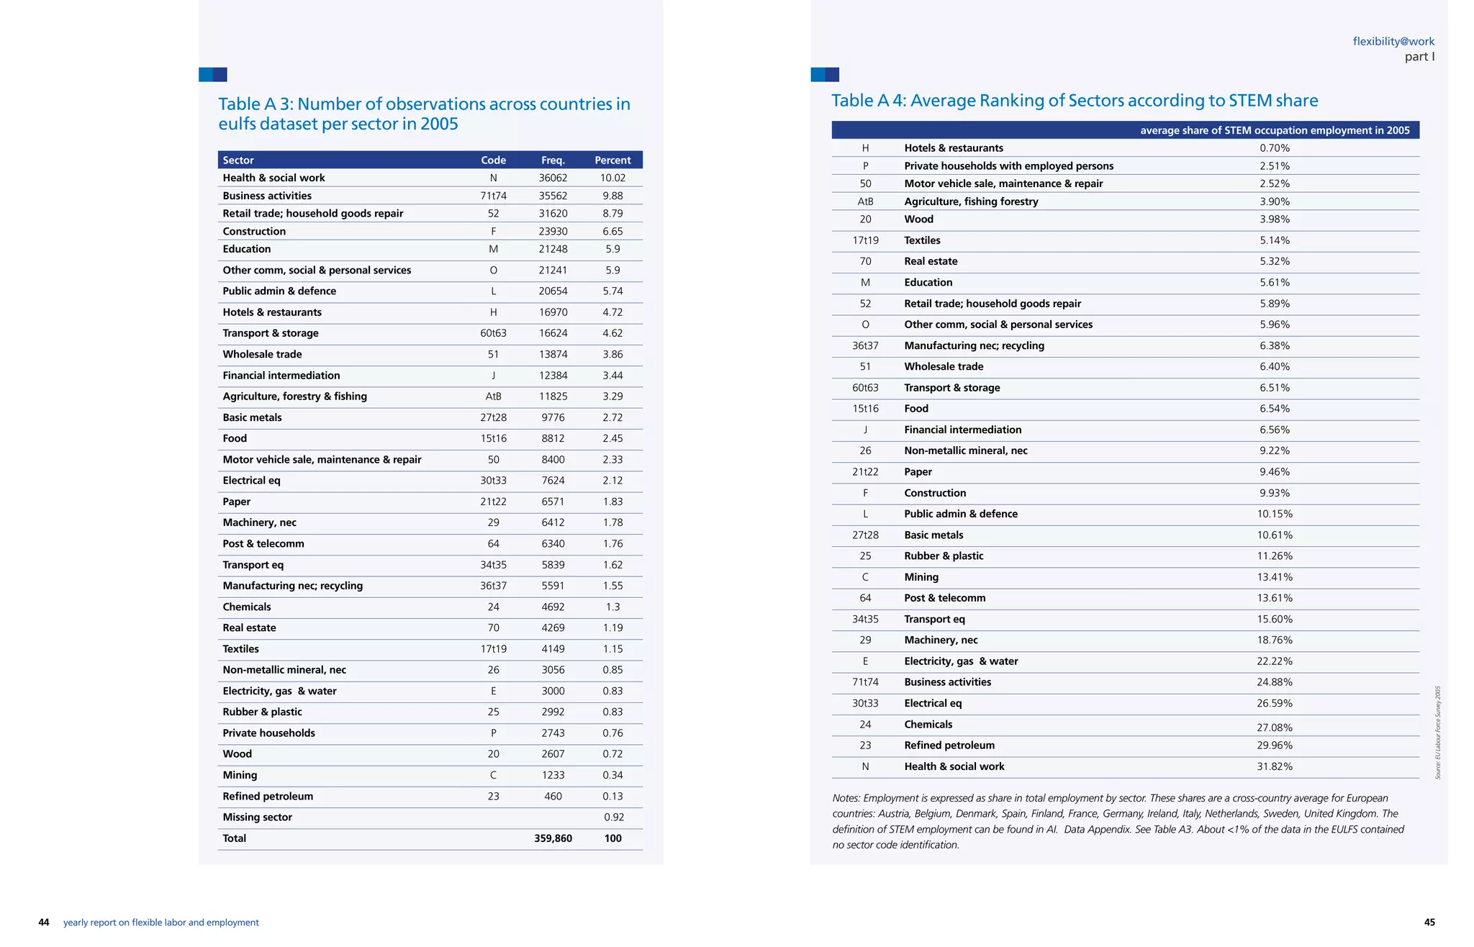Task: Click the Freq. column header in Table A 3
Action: [553, 160]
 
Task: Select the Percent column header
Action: [612, 160]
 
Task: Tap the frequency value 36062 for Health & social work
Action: [553, 178]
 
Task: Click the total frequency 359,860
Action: [553, 838]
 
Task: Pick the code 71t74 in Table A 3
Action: [493, 196]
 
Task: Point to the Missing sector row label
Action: [257, 817]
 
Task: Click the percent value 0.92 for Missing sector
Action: [614, 817]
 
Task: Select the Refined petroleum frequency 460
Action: [553, 797]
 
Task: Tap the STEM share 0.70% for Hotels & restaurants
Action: [1275, 148]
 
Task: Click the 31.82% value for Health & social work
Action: [1275, 767]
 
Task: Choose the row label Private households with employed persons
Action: [1008, 166]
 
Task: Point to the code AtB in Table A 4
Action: [865, 201]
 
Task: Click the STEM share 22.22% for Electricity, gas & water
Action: [1275, 661]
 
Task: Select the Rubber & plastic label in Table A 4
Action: [944, 556]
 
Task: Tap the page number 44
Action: [44, 923]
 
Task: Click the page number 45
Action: [1429, 923]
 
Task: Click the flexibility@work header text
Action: [1393, 42]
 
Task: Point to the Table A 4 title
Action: [1075, 101]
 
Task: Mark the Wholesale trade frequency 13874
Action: [553, 355]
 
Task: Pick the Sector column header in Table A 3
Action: [238, 160]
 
